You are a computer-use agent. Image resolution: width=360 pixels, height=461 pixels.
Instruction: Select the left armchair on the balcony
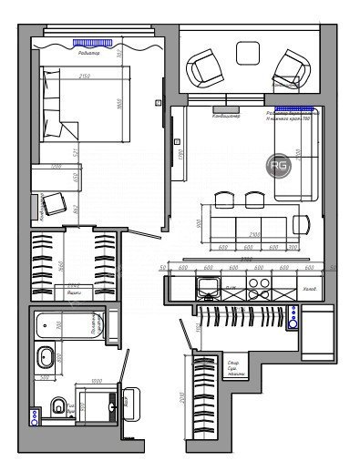(206, 67)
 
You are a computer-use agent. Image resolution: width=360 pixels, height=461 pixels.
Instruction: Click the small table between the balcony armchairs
(248, 53)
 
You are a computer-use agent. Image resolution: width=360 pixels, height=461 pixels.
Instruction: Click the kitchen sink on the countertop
(209, 291)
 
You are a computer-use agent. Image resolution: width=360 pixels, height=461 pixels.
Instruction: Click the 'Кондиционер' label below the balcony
(225, 116)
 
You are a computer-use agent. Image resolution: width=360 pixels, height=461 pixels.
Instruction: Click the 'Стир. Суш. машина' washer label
(237, 367)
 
